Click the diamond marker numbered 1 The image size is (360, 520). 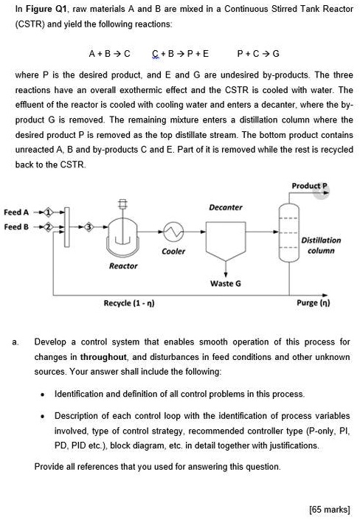point(49,212)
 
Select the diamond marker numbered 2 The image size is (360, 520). point(49,226)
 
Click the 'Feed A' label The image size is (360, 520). point(17,212)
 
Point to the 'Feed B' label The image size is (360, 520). point(17,226)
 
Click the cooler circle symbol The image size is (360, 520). point(173,232)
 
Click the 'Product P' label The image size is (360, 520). point(308,185)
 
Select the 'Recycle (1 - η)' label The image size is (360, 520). point(129,302)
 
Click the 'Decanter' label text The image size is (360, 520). point(225,207)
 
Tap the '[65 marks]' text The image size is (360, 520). point(330,509)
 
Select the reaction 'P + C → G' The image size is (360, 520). point(258,53)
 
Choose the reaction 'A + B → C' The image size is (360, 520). point(108,53)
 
